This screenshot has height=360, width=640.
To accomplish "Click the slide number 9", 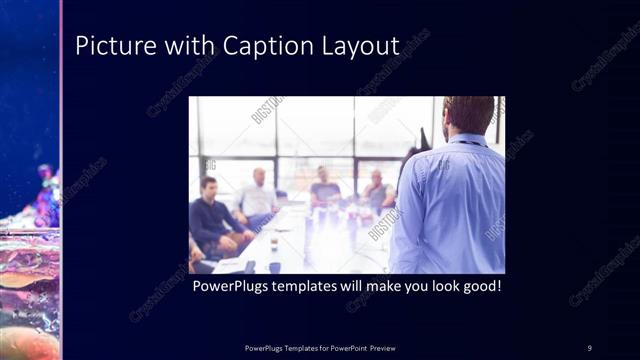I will [x=589, y=347].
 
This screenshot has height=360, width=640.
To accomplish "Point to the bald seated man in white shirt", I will [x=259, y=195].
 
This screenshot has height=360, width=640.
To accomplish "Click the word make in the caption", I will [x=379, y=286].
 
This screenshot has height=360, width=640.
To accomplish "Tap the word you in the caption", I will [x=412, y=286].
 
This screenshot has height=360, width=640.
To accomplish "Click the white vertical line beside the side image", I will [x=62, y=180].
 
